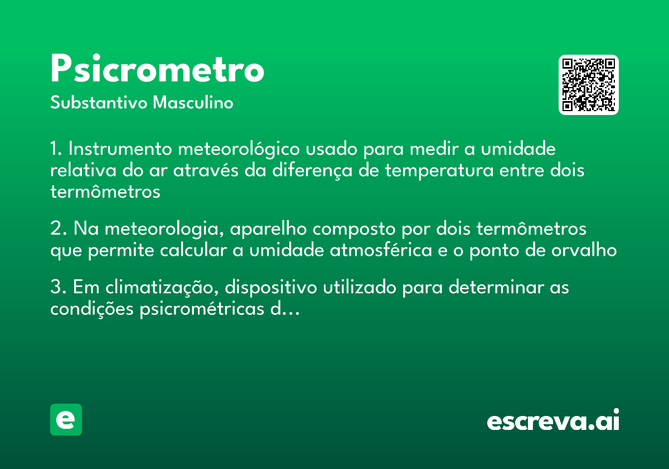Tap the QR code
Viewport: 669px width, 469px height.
[589, 85]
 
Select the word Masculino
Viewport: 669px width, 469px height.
[193, 103]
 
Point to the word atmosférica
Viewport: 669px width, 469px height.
[381, 251]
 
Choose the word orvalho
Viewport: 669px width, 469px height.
[585, 251]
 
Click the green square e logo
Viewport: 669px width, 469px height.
[66, 419]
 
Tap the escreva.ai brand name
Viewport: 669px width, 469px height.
[553, 420]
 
